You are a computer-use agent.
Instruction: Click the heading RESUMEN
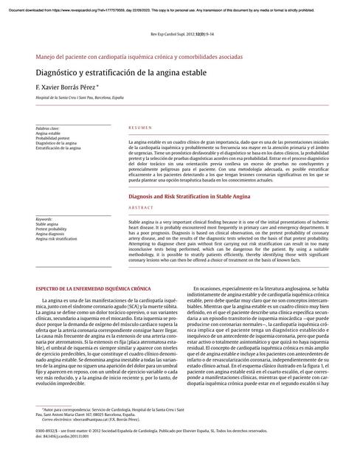click(x=140, y=128)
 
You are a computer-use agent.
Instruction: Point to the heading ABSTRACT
click(x=142, y=209)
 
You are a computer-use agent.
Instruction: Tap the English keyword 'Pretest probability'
click(x=51, y=229)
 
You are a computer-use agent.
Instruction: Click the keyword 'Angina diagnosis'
click(x=49, y=235)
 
